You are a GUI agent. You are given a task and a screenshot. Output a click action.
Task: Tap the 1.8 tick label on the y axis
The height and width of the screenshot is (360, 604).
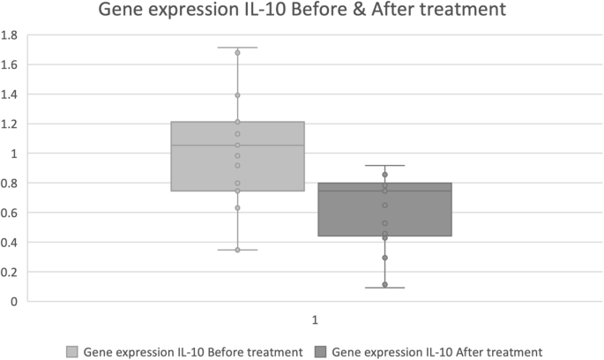coord(11,35)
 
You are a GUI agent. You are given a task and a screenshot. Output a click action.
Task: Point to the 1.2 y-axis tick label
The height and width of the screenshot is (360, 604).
coord(11,124)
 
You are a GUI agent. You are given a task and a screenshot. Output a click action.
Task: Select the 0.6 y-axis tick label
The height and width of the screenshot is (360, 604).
coord(11,213)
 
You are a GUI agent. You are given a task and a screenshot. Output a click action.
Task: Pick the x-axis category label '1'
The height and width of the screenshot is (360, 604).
coord(313,318)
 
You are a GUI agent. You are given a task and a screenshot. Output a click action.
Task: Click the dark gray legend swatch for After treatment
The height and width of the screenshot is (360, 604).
coord(320,351)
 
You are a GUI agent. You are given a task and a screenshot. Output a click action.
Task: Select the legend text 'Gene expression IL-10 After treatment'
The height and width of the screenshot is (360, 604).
coord(437,351)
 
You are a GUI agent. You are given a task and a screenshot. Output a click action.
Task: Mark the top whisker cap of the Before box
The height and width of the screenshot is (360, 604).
coord(237,48)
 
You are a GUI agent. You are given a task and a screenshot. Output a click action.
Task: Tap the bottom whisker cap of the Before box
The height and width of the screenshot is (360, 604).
coord(237,250)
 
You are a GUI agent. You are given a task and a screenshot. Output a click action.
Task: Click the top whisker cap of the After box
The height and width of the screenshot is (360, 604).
coord(384,165)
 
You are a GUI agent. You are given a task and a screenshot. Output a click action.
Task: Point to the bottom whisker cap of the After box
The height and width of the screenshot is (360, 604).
coord(384,288)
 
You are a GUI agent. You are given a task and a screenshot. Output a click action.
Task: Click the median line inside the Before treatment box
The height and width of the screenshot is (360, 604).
coord(237,145)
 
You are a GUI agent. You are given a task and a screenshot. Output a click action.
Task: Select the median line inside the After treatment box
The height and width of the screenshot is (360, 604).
coord(384,191)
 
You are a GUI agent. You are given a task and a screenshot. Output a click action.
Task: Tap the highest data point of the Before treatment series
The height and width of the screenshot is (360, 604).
coord(237,53)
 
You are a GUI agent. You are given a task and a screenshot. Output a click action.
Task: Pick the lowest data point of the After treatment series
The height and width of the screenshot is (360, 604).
coord(384,284)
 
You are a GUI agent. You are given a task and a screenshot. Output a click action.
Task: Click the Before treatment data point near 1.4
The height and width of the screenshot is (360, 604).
coord(237,95)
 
